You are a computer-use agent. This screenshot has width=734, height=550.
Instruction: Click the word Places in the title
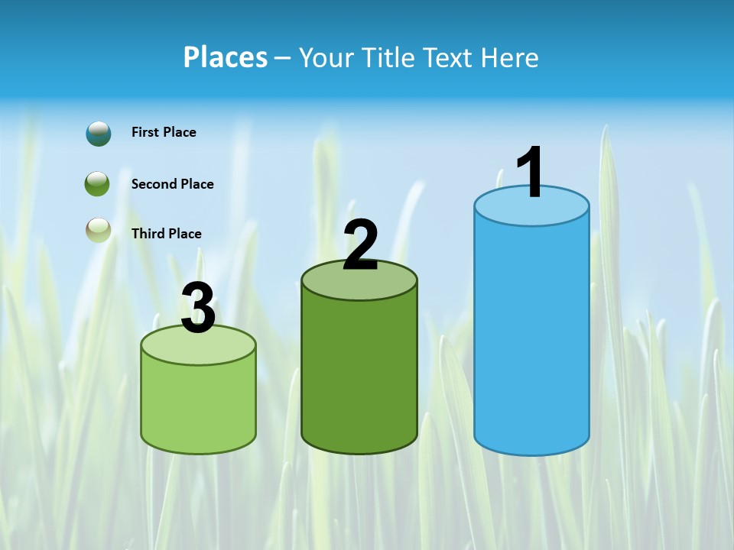click(x=225, y=57)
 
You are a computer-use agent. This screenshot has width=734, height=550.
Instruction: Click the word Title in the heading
click(x=386, y=57)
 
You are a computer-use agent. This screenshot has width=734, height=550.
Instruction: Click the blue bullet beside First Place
click(x=98, y=133)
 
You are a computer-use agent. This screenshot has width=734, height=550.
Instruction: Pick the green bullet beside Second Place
click(x=97, y=184)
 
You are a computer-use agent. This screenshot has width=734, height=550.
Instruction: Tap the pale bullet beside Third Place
click(x=98, y=230)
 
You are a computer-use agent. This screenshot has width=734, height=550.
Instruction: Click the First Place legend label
click(x=164, y=132)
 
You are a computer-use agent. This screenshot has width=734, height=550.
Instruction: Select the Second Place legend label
click(x=172, y=184)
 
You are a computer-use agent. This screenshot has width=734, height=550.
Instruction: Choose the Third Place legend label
click(x=166, y=234)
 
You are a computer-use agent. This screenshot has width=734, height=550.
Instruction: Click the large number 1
click(x=530, y=173)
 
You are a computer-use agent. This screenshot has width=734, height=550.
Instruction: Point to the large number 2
click(x=360, y=245)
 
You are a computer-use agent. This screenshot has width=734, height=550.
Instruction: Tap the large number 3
click(x=198, y=309)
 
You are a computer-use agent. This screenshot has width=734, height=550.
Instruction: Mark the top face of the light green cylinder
click(x=198, y=346)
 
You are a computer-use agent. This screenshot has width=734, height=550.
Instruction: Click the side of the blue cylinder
click(x=531, y=336)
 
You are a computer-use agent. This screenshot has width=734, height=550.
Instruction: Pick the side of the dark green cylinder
click(x=359, y=374)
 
